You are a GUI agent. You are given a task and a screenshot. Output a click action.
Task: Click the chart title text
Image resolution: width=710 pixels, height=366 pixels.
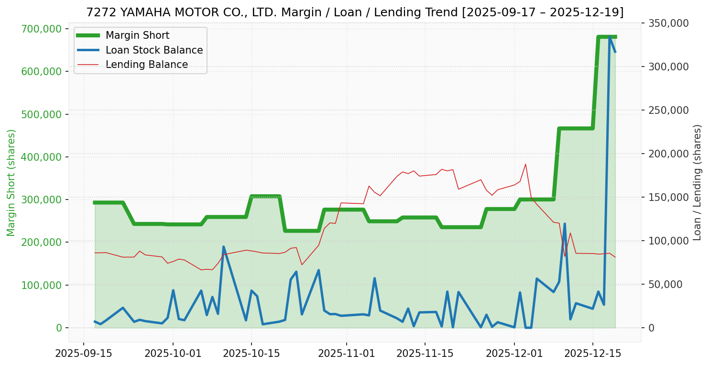coord(355,12)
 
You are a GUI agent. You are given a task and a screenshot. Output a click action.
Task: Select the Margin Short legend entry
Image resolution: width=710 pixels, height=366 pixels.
coord(137,35)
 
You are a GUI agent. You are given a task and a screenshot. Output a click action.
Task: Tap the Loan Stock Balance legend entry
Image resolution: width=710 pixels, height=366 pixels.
coord(154,50)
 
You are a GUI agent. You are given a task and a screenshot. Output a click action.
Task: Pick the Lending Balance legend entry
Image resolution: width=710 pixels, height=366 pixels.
coord(146,65)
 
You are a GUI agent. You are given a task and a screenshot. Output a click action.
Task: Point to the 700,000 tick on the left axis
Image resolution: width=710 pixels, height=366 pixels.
coord(42,29)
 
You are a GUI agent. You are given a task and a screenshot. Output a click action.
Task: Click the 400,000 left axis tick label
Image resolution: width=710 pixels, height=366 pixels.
coord(42,157)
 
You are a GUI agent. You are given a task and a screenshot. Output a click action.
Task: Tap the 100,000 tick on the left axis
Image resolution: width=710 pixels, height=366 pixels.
coord(42,285)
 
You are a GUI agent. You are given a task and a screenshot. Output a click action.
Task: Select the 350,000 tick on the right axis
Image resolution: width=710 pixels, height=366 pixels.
coord(668,23)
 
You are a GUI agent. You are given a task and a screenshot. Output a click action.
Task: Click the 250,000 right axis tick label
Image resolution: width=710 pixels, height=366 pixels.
coord(668,110)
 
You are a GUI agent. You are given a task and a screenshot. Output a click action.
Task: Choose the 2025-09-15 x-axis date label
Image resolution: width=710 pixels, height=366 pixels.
coord(84,354)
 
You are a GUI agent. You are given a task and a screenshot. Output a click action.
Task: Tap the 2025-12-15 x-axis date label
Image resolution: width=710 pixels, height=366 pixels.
coord(593,354)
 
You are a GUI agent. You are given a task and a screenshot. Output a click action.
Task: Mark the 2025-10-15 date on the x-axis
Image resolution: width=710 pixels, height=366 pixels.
coord(251,354)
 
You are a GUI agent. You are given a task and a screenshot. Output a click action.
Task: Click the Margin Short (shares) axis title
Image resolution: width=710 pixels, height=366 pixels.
coord(11,183)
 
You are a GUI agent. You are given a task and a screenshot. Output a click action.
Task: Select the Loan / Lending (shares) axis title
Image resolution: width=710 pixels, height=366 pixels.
coord(698,183)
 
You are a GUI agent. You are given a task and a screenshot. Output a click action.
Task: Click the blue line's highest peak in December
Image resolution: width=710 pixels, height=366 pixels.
coord(610,36)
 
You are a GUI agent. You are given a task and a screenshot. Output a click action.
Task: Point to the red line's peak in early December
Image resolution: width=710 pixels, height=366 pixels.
coord(525,164)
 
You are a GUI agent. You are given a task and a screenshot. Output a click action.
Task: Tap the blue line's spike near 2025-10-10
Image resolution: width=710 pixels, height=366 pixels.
coord(223,247)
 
